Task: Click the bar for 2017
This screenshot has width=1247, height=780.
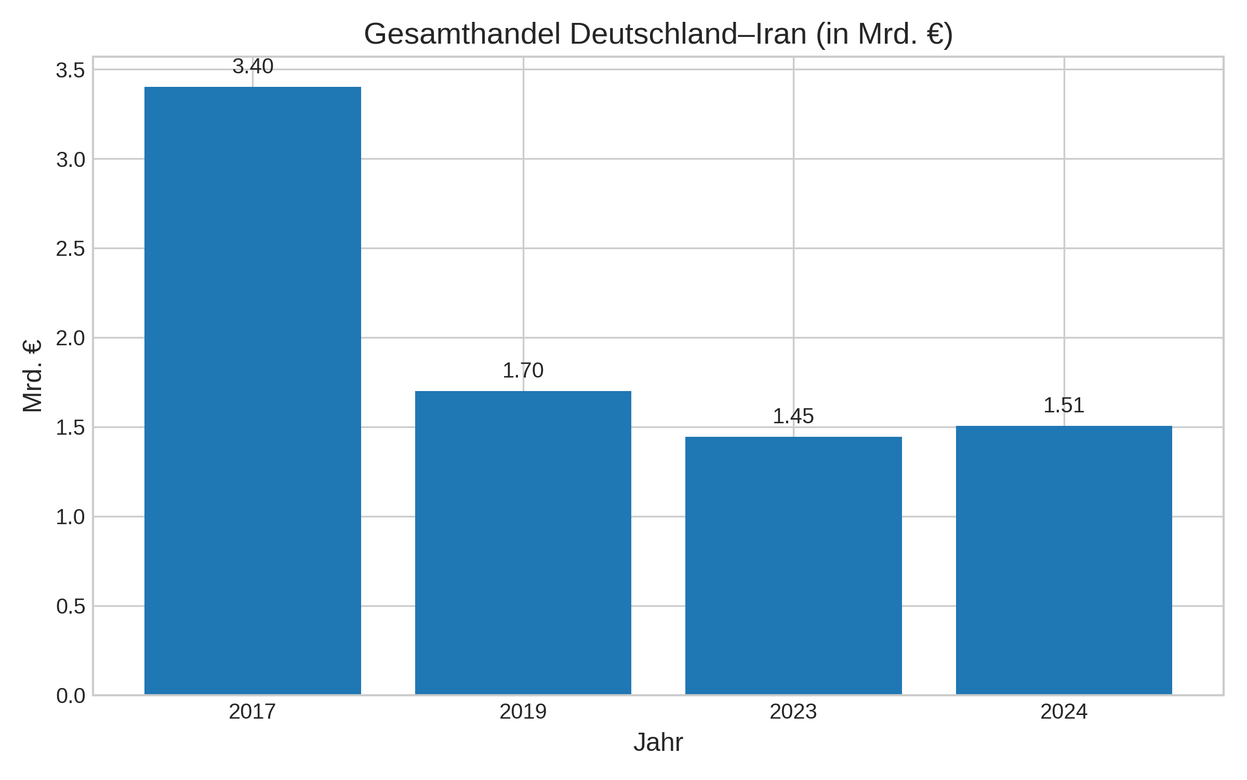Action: (x=253, y=390)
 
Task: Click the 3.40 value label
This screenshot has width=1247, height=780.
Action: (x=253, y=67)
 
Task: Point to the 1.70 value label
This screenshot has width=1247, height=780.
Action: (x=523, y=371)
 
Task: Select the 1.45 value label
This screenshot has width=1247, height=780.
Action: (x=793, y=417)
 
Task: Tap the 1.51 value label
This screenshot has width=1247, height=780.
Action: (x=1064, y=406)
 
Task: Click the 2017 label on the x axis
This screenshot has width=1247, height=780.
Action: (x=253, y=712)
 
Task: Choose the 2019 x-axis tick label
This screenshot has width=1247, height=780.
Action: (x=523, y=712)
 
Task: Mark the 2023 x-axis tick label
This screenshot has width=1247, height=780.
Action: (x=793, y=712)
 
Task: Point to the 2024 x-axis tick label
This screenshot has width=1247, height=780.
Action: (x=1064, y=712)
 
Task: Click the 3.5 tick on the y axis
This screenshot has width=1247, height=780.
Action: (x=70, y=70)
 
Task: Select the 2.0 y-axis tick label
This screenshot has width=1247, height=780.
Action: (x=70, y=339)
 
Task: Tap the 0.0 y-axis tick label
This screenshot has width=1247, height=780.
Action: (x=70, y=696)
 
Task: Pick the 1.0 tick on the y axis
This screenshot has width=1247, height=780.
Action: (x=70, y=517)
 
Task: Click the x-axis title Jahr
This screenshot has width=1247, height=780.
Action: (x=658, y=743)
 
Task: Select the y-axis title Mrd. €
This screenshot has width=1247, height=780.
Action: (x=33, y=376)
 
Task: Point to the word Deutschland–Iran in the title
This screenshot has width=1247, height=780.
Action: (x=688, y=34)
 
